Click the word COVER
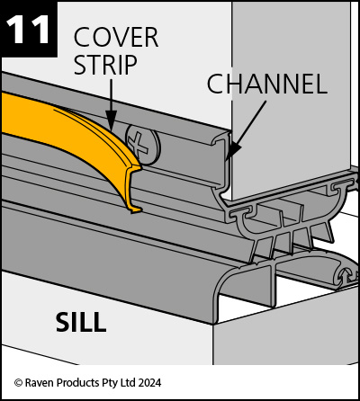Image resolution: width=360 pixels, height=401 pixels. pyautogui.click(x=116, y=37)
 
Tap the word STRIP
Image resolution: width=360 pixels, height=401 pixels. pyautogui.click(x=105, y=65)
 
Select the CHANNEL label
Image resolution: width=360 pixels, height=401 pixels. pyautogui.click(x=266, y=84)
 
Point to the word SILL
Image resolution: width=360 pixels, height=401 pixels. pyautogui.click(x=81, y=322)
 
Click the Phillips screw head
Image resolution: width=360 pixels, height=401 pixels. pyautogui.click(x=143, y=144)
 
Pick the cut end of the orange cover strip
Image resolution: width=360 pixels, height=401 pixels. pyautogui.click(x=134, y=189)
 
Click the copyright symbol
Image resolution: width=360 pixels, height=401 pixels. pyautogui.click(x=18, y=383)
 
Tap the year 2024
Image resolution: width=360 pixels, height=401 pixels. pyautogui.click(x=149, y=383)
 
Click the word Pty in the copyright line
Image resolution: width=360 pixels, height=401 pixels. pyautogui.click(x=109, y=383)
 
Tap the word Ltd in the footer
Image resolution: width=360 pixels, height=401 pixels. pyautogui.click(x=128, y=383)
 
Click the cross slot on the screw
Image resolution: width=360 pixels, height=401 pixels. pyautogui.click(x=138, y=143)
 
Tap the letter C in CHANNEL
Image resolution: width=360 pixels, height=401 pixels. pyautogui.click(x=215, y=84)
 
